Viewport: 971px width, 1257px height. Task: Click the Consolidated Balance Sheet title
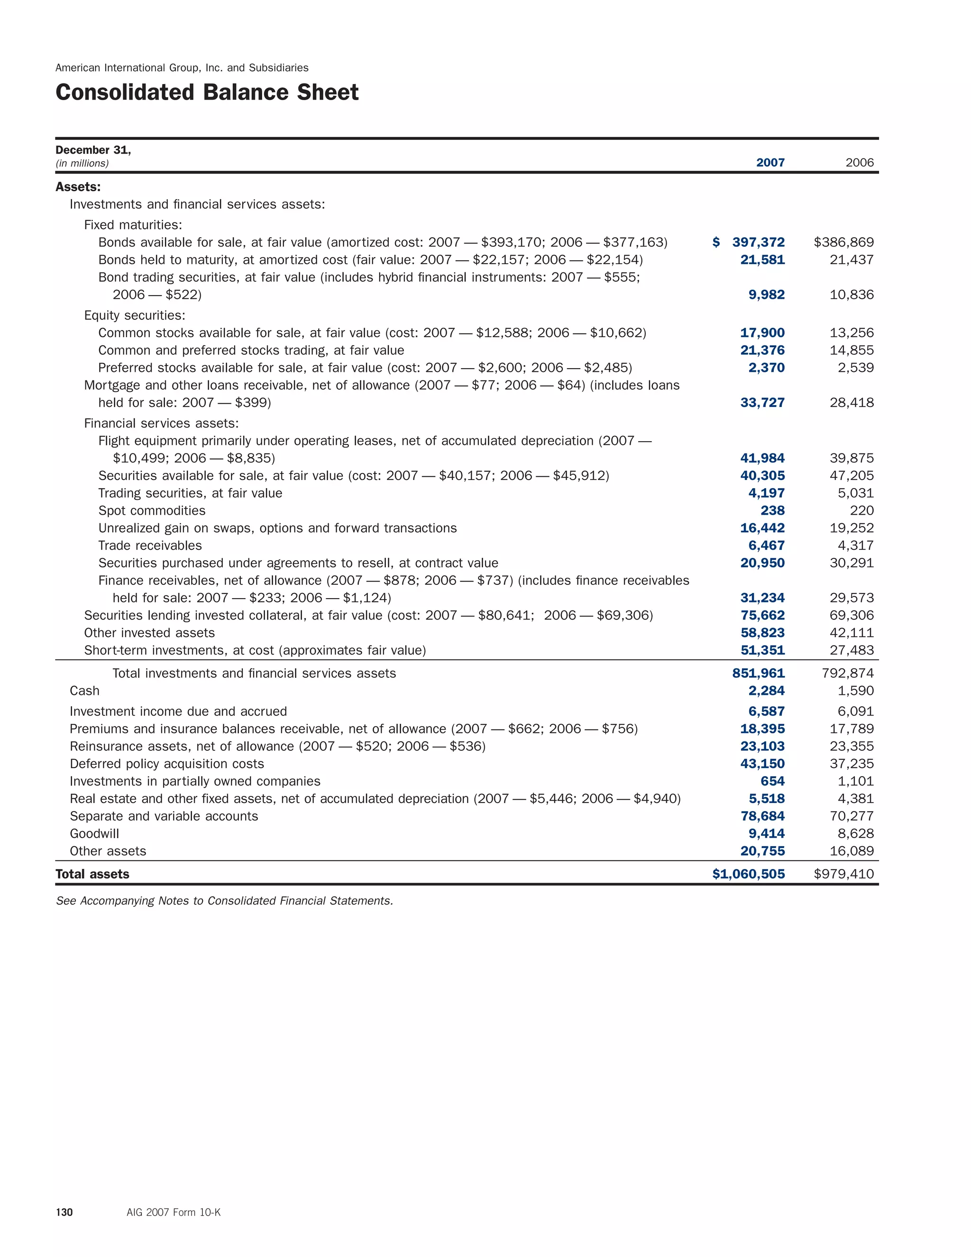click(207, 92)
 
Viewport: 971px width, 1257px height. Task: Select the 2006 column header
click(860, 162)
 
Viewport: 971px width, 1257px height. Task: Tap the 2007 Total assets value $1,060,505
click(748, 874)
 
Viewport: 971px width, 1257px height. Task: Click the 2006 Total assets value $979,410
click(843, 874)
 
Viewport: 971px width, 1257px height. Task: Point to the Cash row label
click(84, 691)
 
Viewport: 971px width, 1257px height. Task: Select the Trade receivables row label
click(150, 545)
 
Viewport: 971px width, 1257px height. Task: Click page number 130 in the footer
click(64, 1212)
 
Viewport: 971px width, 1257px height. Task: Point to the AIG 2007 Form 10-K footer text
click(173, 1212)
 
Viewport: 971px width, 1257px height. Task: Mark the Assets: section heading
click(78, 186)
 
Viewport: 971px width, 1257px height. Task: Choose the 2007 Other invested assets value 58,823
click(762, 632)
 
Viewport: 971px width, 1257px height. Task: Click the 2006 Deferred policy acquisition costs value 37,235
click(852, 763)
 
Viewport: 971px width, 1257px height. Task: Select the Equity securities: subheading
click(135, 315)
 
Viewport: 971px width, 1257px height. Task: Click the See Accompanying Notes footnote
click(224, 901)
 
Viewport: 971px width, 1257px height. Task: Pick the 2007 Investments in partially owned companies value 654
click(772, 781)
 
